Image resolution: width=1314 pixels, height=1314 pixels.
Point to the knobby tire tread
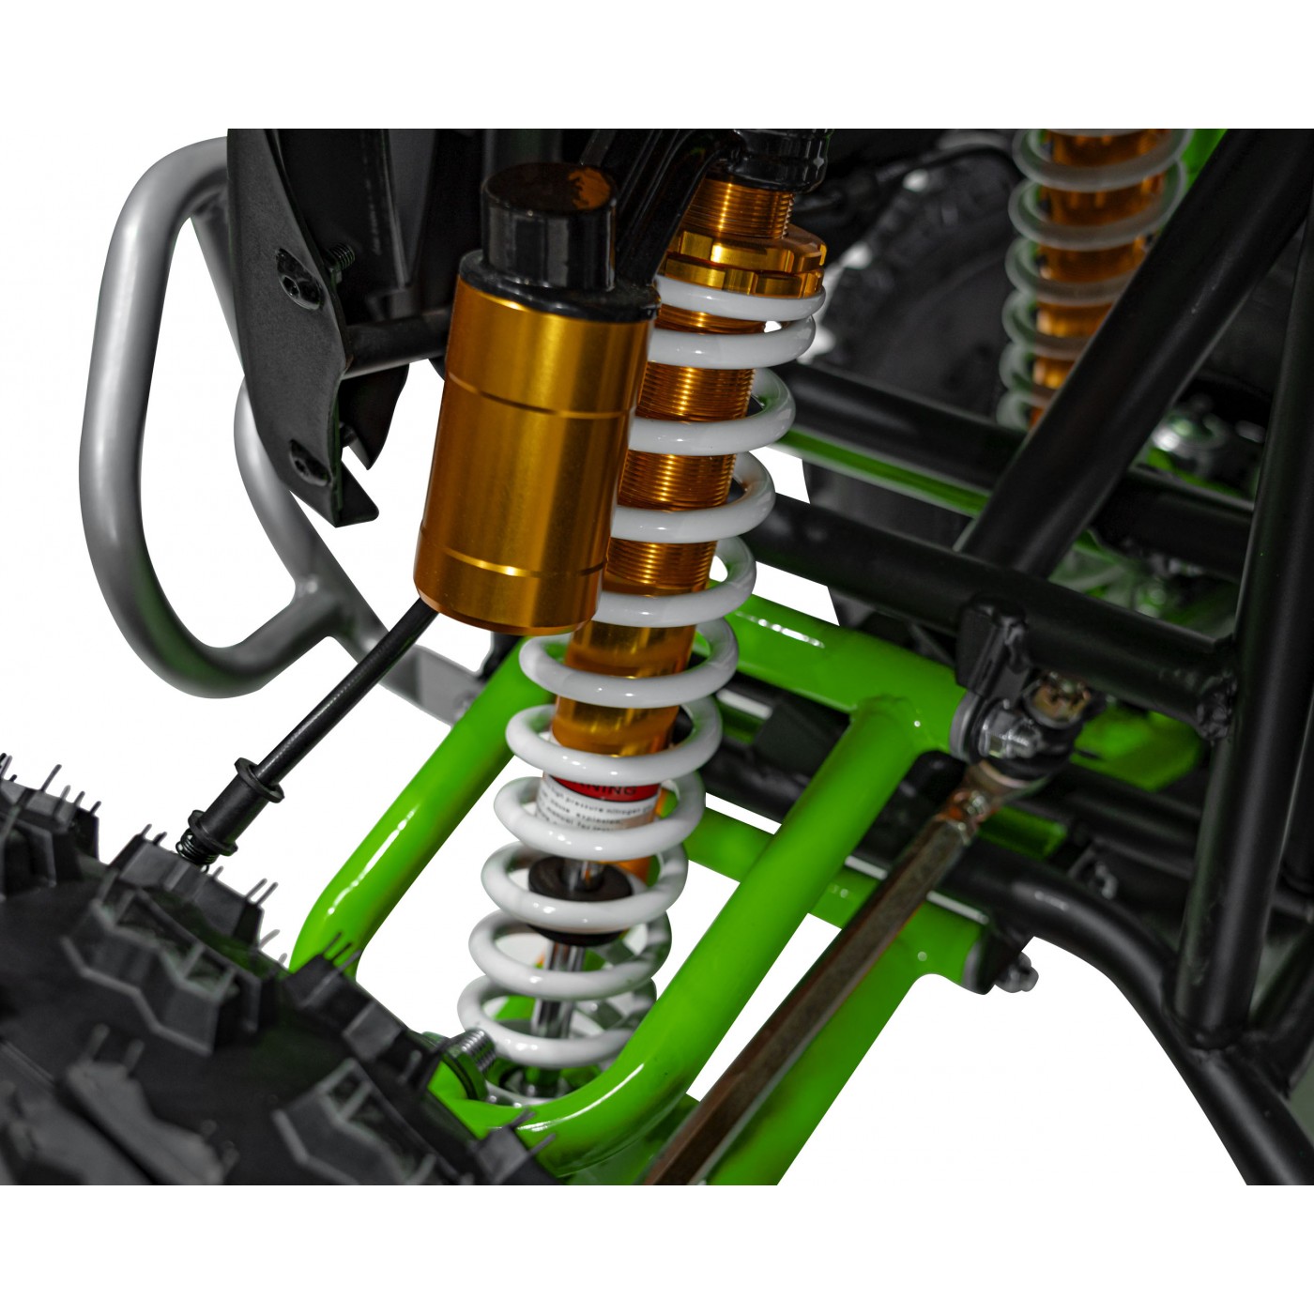141,985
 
